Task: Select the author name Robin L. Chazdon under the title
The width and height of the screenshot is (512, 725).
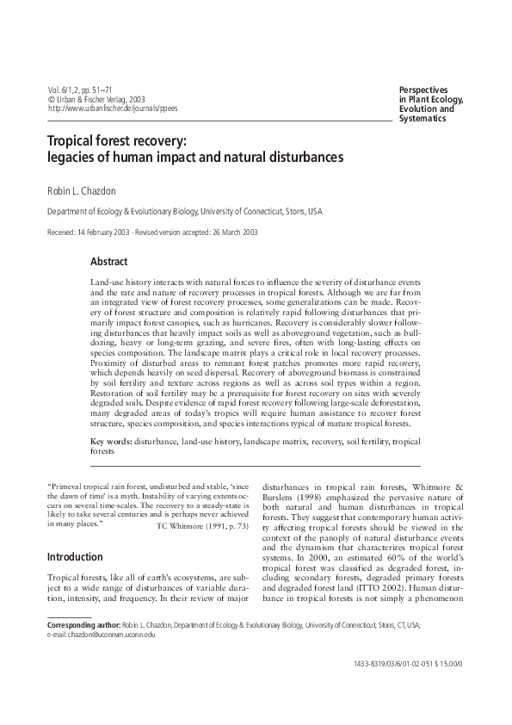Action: coord(85,188)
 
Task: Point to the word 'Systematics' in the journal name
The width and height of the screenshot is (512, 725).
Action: coord(423,119)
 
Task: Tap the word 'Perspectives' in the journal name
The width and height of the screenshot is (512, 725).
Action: coord(425,90)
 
